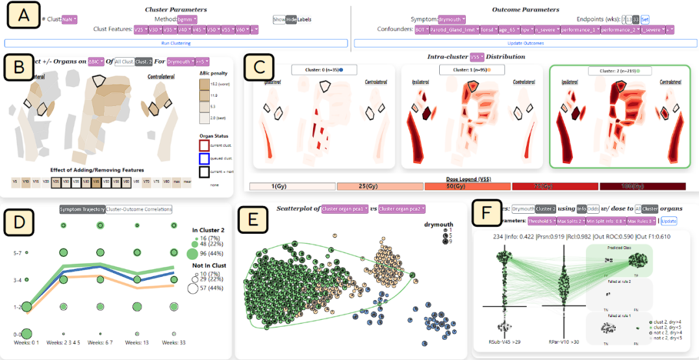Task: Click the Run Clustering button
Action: click(176, 43)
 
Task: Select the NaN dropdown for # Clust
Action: click(69, 19)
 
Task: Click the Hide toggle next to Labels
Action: click(291, 19)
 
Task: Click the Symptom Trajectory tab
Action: click(81, 210)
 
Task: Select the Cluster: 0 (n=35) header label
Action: click(318, 70)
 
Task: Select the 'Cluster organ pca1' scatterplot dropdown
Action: click(345, 209)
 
